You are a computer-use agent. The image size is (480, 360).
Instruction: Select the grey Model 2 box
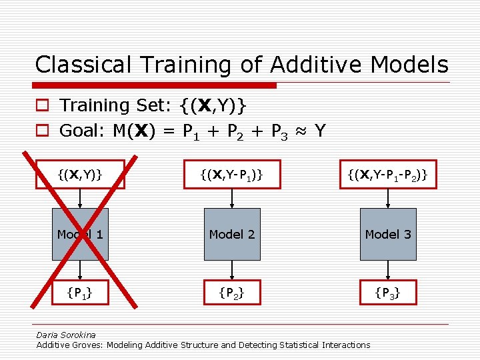pos(231,234)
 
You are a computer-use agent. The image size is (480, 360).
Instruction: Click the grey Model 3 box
pos(388,234)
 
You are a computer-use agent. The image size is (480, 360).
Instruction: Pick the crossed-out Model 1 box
pos(80,234)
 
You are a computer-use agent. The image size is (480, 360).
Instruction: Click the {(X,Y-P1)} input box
pos(231,175)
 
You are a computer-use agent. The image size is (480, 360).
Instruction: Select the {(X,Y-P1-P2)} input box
pos(388,175)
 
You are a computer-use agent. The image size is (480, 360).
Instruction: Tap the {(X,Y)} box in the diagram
pos(80,175)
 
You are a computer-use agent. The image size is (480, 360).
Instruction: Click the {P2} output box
pos(231,291)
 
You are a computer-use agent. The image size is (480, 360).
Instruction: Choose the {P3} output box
pos(388,291)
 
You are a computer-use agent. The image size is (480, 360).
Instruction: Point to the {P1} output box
pos(80,291)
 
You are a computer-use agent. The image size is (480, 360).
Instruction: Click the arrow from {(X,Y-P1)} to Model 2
pos(231,199)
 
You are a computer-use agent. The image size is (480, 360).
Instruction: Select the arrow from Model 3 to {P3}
pos(388,269)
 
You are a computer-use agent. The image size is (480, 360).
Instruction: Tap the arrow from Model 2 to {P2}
pos(231,269)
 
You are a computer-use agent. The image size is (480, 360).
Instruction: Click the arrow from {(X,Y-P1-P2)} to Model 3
pos(388,199)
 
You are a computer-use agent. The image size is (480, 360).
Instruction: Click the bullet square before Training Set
pos(41,106)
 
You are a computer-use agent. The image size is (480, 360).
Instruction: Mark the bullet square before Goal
pos(41,131)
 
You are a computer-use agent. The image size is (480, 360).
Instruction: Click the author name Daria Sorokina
pos(66,335)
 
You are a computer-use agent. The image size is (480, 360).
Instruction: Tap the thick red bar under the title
pos(155,85)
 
